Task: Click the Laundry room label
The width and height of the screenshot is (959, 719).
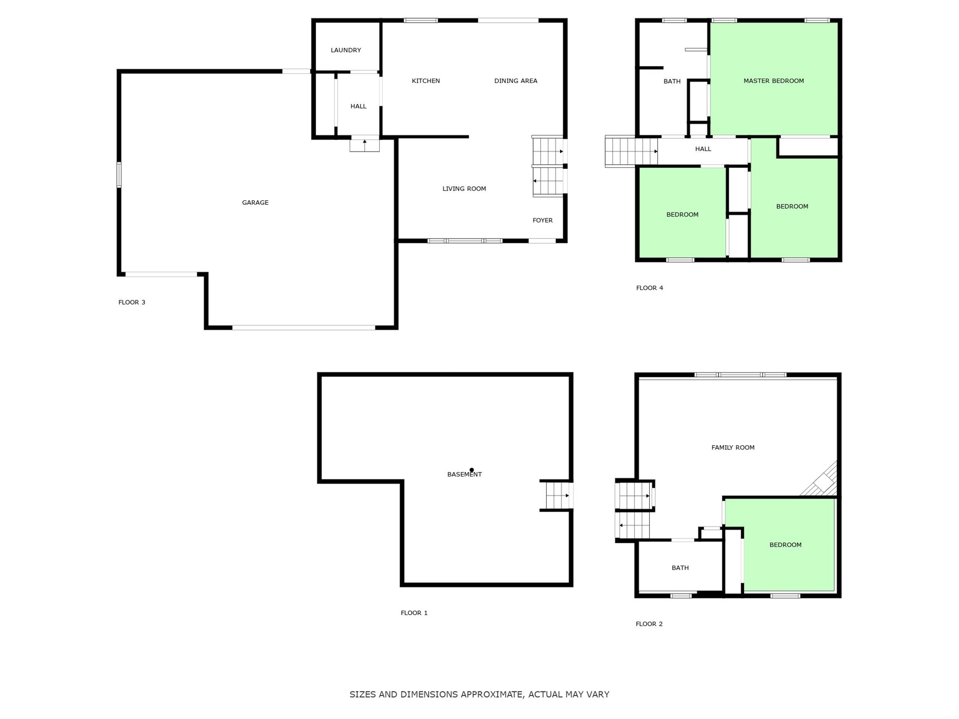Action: pos(346,50)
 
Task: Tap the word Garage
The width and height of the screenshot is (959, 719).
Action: pos(255,202)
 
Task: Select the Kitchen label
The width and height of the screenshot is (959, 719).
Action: pos(426,81)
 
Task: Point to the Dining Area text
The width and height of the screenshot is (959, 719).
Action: pos(516,81)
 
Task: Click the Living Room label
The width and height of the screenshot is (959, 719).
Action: pos(464,189)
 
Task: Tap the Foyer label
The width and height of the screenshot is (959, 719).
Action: pos(542,220)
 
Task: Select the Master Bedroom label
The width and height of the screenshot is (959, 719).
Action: pos(773,81)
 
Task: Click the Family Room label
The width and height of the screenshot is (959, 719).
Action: pos(733,447)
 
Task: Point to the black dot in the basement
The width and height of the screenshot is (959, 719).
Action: pos(472,470)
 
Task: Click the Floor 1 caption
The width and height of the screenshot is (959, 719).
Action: pos(414,613)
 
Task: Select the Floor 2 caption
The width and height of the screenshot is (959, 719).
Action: pos(649,624)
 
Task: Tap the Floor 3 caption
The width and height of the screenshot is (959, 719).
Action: pos(132,302)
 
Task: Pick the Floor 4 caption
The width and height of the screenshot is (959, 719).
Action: pos(649,288)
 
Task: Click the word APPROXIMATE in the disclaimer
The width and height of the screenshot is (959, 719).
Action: pos(491,694)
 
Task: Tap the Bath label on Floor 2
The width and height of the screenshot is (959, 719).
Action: pos(680,568)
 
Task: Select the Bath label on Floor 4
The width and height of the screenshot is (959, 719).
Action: pos(672,81)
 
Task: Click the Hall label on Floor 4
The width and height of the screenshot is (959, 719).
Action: pos(703,149)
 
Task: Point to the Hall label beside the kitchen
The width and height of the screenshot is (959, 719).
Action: pos(358,106)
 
